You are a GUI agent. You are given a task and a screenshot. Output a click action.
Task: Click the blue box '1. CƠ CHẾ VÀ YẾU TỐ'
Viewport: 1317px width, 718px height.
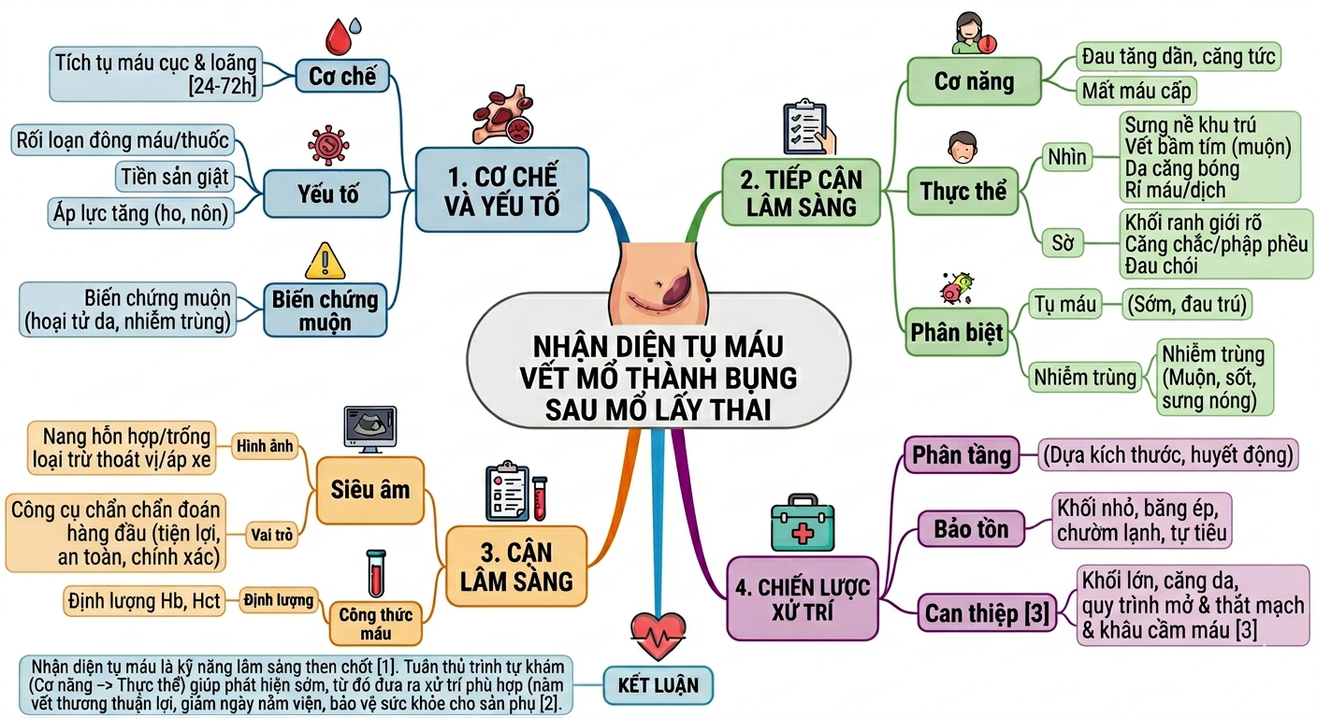(501, 190)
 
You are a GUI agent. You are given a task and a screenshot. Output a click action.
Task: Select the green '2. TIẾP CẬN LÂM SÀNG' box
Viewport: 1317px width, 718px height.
(801, 193)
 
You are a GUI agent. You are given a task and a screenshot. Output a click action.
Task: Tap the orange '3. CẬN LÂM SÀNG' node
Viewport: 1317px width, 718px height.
(516, 567)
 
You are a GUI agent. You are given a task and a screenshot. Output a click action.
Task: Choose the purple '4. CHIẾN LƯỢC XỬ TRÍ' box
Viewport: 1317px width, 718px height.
(803, 598)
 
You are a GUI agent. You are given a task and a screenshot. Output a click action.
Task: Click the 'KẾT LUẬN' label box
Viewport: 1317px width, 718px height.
(658, 685)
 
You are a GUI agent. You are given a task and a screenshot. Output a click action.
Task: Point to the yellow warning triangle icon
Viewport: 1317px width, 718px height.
(326, 261)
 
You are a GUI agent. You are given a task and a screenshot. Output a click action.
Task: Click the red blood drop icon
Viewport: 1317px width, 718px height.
(339, 36)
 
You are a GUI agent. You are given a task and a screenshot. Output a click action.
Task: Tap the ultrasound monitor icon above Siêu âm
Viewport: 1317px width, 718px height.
(369, 429)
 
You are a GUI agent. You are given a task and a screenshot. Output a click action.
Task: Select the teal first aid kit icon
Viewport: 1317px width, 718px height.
(803, 523)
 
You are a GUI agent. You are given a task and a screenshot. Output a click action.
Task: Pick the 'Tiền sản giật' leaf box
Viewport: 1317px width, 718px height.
(175, 177)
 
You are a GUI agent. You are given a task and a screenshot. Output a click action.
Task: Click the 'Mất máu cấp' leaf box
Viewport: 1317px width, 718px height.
(1136, 91)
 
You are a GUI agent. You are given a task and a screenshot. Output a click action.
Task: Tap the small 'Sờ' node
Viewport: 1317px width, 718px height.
(1063, 243)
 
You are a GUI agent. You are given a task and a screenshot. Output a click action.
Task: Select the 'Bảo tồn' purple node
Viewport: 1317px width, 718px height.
(971, 529)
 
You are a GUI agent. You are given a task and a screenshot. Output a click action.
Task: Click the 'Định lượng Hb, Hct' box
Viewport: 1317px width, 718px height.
(144, 601)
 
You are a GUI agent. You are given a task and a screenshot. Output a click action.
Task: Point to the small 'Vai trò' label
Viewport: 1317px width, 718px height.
(271, 535)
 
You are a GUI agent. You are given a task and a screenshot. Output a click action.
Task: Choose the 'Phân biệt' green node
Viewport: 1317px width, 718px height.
(957, 332)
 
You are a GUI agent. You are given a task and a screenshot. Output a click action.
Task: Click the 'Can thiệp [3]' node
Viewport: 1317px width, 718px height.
(987, 613)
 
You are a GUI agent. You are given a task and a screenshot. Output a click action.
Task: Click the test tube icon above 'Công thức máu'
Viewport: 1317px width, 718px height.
(376, 573)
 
